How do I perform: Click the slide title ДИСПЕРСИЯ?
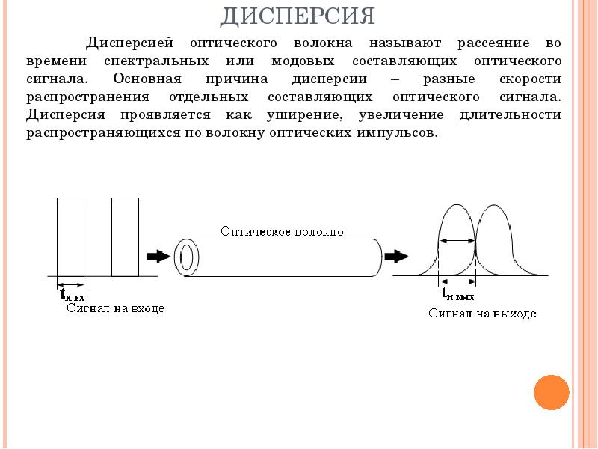pos(298,15)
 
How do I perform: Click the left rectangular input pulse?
pos(70,236)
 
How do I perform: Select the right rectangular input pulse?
pos(125,236)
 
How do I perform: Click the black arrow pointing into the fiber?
pos(158,257)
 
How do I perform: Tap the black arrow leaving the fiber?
pos(396,257)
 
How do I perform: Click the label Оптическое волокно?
pos(282,232)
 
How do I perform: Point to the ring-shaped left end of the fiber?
pos(187,257)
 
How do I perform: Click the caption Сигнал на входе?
pos(114,308)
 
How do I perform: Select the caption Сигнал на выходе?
pos(482,314)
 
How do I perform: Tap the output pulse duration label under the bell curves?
pos(457,293)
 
